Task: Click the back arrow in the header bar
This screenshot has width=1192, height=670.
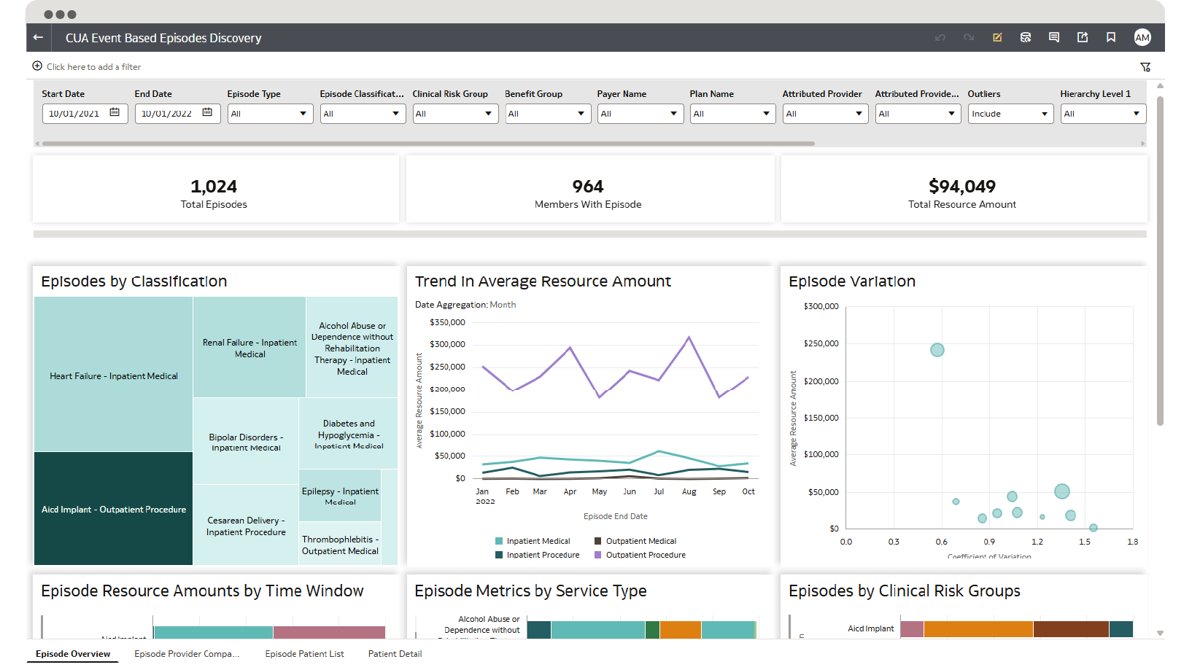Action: click(x=38, y=37)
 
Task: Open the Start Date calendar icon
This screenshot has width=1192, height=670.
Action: click(x=115, y=112)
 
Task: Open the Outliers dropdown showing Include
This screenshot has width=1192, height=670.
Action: click(x=1010, y=114)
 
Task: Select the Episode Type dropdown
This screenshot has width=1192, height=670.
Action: click(x=270, y=114)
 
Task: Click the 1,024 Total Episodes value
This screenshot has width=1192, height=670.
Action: click(x=214, y=187)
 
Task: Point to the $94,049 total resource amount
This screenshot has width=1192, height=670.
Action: click(x=961, y=187)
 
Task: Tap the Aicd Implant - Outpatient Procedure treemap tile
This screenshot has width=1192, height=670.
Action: click(x=113, y=509)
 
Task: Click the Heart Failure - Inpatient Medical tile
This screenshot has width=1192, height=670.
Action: click(x=113, y=375)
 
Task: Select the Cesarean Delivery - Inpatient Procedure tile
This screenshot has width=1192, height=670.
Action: click(x=246, y=526)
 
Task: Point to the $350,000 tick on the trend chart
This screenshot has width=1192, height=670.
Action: click(x=447, y=322)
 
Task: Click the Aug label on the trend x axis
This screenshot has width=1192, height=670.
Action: click(x=689, y=491)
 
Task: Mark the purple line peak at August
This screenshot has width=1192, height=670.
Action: click(x=689, y=337)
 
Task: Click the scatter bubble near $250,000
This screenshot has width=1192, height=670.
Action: click(x=937, y=350)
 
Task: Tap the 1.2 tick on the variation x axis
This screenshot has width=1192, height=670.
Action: click(x=1037, y=542)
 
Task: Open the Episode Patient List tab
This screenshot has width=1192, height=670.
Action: click(x=304, y=654)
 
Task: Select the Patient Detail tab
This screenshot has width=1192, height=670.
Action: click(x=395, y=654)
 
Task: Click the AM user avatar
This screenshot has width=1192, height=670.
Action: click(x=1142, y=37)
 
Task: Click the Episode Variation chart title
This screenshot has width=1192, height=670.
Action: click(x=851, y=281)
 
